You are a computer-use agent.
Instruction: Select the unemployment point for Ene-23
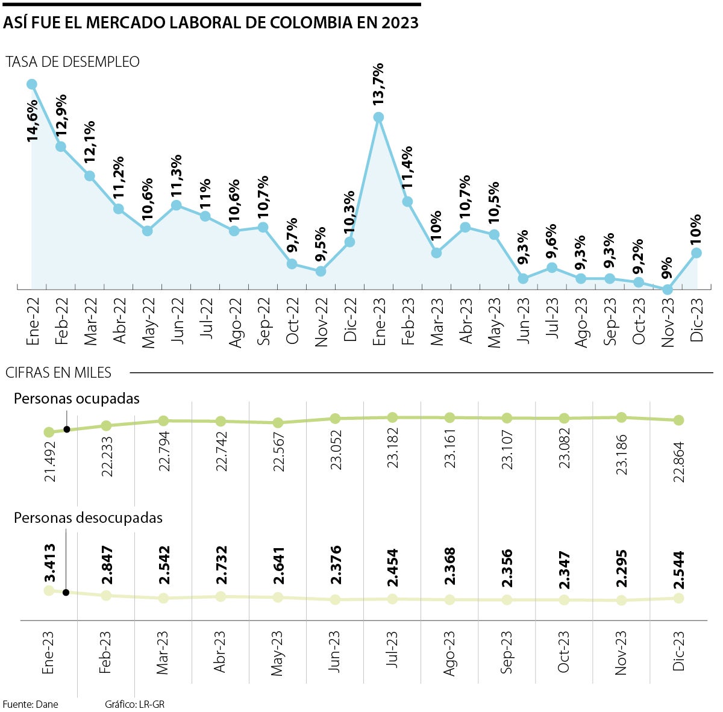pos(378,117)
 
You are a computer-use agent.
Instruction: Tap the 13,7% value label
pos(378,84)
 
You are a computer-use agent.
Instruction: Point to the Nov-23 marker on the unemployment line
pos(667,290)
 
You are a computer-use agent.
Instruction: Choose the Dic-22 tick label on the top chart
pos(350,320)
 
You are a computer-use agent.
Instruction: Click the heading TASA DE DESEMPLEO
pos(72,62)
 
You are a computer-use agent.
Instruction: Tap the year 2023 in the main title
pos(399,23)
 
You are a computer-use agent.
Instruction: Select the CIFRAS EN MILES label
pos(58,373)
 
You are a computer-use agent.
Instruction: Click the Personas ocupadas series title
pos(77,399)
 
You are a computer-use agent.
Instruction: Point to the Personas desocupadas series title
pos(88,518)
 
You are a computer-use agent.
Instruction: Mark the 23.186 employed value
pos(622,455)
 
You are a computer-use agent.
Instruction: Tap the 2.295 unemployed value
pos(622,568)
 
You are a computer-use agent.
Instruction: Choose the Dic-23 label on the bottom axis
pos(679,651)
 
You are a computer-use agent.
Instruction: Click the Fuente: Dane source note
pos(31,704)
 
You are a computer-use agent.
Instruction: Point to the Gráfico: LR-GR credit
pos(134,704)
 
